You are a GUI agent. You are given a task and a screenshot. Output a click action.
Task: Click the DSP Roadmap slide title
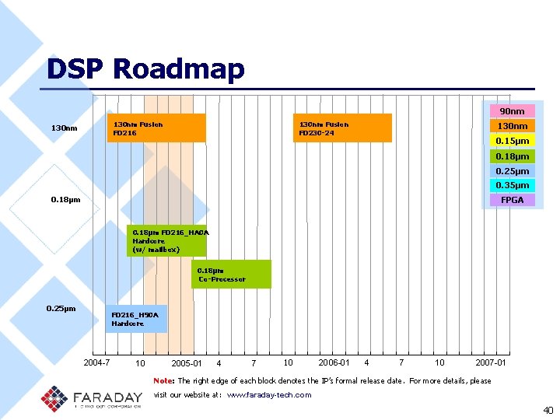coord(145,69)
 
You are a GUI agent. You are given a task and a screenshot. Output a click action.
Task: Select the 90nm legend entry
coord(512,111)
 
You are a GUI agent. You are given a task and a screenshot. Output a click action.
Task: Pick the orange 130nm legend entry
coord(512,126)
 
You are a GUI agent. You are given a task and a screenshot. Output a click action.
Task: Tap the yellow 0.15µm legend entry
coord(512,141)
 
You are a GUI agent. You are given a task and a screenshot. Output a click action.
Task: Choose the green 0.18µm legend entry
coord(512,156)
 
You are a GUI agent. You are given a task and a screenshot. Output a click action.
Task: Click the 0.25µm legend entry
coord(512,171)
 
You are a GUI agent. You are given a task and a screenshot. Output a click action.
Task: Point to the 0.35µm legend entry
coord(512,185)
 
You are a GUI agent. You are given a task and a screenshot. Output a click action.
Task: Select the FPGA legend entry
coord(512,200)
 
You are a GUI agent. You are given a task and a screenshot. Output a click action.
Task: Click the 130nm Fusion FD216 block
coord(156,128)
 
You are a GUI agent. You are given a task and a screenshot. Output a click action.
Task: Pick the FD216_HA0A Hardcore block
coord(167,241)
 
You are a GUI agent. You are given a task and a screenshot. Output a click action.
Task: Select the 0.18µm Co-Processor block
coord(231,274)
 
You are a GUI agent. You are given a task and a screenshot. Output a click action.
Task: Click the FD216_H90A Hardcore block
coord(136,319)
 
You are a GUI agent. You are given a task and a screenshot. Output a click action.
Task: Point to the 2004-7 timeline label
coord(96,362)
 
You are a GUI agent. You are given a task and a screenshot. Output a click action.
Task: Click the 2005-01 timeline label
coord(187,363)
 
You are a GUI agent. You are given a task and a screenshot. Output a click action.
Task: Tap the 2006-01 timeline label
coord(334,362)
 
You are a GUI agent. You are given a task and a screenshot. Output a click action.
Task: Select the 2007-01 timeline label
coord(491,362)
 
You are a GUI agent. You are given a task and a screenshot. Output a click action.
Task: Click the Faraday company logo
coord(91,397)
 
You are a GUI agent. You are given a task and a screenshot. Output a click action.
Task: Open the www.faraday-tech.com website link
coord(268,395)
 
